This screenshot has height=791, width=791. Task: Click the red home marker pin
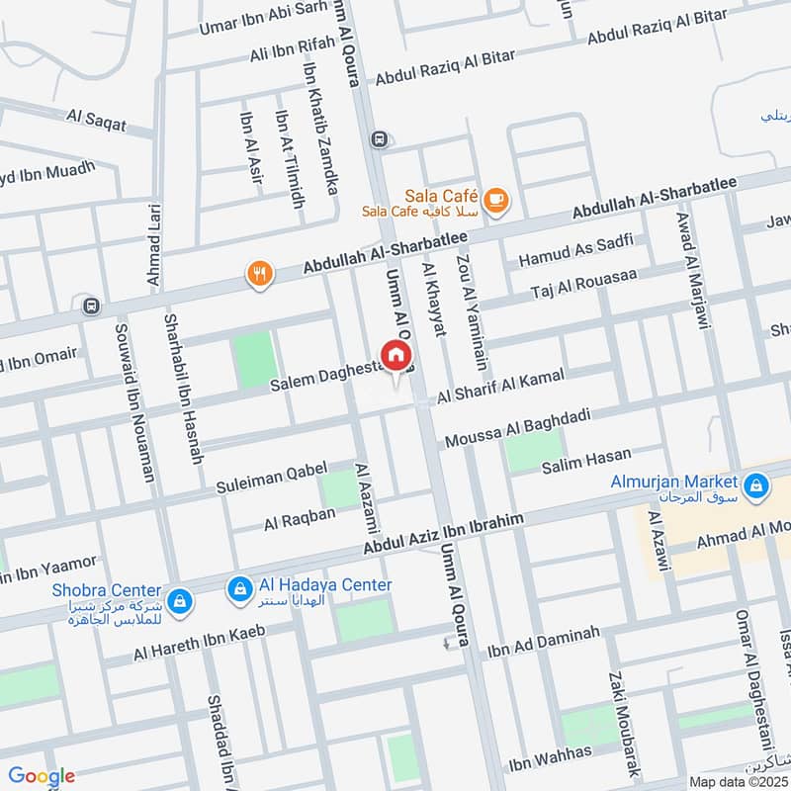[x=395, y=355]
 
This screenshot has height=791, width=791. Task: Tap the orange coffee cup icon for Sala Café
[x=496, y=201]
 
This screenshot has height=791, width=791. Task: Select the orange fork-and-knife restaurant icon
[x=260, y=274]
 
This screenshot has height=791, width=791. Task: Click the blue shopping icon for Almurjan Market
[x=756, y=485]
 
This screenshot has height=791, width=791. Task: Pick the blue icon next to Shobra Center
[x=179, y=600]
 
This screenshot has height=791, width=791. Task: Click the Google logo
[x=42, y=776]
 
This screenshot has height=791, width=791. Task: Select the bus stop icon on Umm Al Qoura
[x=378, y=139]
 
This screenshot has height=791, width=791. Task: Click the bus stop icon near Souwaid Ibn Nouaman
[x=92, y=306]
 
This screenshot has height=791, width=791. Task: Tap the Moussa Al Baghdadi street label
[x=517, y=426]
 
